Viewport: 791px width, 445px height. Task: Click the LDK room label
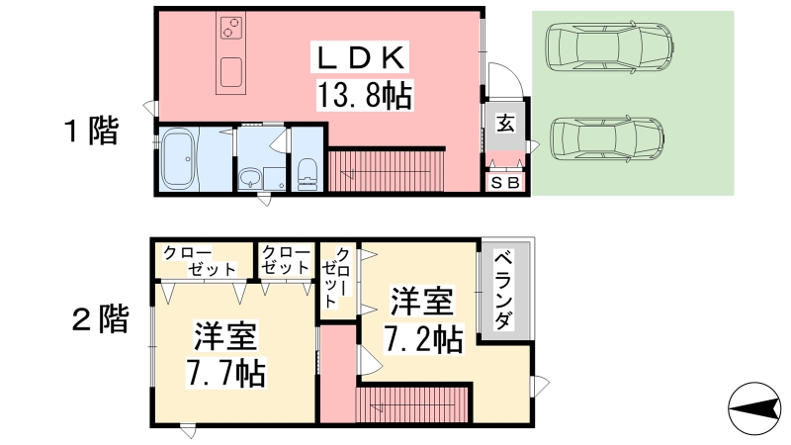[x=361, y=57]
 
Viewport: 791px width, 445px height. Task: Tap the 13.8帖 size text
[x=365, y=95]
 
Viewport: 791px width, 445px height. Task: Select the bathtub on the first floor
[x=178, y=158]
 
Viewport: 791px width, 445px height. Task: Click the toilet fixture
[x=308, y=175]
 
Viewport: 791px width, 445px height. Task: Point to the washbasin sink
[x=250, y=178]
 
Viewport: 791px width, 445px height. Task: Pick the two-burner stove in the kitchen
[x=231, y=28]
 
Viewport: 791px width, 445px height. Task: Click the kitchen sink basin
[x=231, y=71]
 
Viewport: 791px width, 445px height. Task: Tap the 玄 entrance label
[x=505, y=123]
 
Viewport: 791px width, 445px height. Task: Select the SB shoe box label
[x=505, y=183]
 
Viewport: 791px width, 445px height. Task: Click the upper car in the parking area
[x=609, y=46]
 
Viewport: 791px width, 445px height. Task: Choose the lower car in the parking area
[x=607, y=138]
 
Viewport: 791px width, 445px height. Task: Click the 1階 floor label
[x=91, y=131]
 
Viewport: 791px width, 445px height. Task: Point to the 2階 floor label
[x=101, y=318]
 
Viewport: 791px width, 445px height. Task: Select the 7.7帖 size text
[x=225, y=373]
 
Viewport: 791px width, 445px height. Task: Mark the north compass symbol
[x=754, y=408]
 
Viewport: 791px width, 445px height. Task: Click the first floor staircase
[x=386, y=170]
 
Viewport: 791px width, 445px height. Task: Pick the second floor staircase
[x=412, y=405]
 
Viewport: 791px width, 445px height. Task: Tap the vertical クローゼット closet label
[x=336, y=277]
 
